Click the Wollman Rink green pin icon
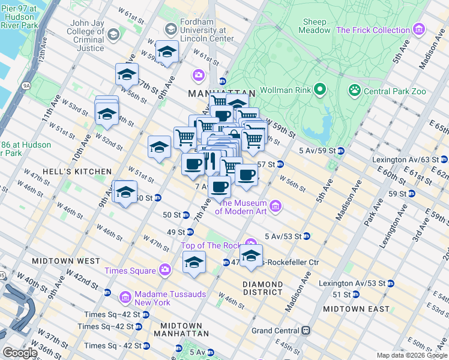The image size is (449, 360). tap(319, 91)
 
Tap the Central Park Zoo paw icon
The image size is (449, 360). tap(355, 91)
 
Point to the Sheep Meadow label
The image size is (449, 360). tap(315, 25)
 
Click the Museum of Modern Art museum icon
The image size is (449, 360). tap(276, 206)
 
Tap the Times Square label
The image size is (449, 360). tap(129, 271)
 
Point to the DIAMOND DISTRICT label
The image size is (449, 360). tap(263, 288)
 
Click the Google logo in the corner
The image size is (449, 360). tap(20, 353)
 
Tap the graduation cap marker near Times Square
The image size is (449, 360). tap(194, 262)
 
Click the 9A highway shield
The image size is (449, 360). tap(26, 86)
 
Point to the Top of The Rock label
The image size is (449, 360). tap(211, 245)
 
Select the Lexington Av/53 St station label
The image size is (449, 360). tap(357, 283)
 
